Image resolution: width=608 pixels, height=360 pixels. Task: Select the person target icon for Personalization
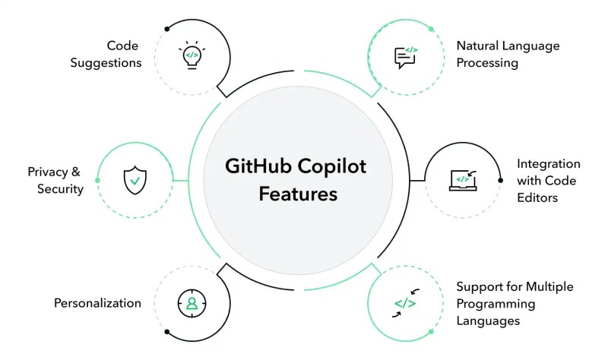[192, 303]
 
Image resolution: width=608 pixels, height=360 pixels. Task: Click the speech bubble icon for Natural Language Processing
[405, 56]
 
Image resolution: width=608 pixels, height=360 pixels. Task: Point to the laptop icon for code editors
[462, 180]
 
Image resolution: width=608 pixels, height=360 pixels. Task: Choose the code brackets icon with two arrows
[405, 303]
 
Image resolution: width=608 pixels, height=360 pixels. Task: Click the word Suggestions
[106, 63]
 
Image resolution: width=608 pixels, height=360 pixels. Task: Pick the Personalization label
[97, 303]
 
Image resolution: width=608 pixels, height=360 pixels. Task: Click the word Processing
[487, 63]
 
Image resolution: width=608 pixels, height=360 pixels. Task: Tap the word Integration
[548, 163]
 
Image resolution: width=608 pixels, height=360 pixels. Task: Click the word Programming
[496, 304]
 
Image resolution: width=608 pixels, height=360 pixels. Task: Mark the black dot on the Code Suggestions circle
[166, 29]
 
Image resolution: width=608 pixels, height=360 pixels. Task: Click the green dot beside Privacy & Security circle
[97, 180]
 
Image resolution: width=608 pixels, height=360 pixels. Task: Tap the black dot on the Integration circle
[500, 180]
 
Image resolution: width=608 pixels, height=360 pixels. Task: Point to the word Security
[60, 188]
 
